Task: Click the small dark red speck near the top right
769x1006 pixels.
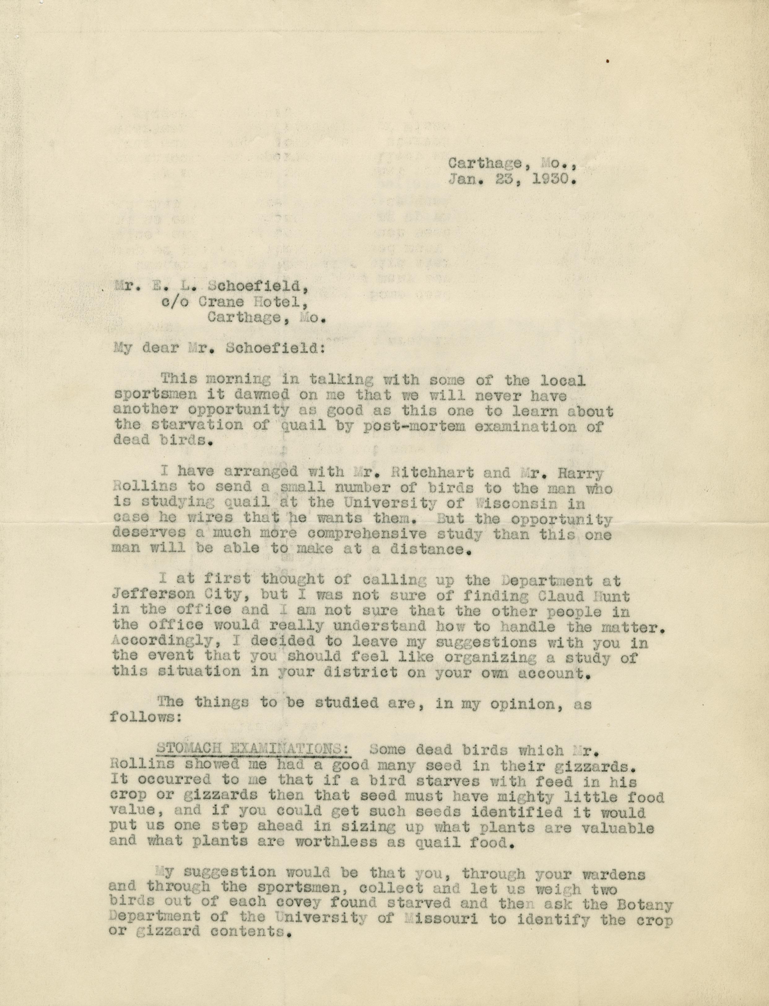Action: tap(607, 60)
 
